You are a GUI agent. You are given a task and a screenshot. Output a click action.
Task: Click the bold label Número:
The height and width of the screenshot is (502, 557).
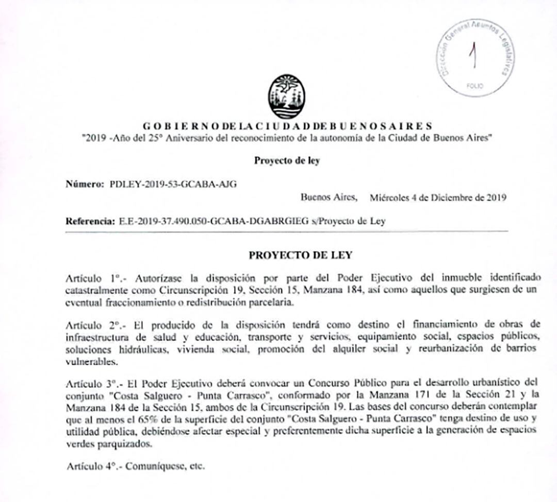coord(85,184)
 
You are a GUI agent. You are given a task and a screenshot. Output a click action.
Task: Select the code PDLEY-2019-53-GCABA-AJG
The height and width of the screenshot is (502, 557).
coord(174,184)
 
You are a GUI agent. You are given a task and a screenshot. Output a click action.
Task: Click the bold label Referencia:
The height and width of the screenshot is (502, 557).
coord(90,221)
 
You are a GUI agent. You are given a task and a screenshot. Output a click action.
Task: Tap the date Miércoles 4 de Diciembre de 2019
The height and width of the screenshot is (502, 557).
coord(438,197)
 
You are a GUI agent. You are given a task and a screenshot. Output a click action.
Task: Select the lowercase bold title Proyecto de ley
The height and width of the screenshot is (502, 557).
coord(287,160)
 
